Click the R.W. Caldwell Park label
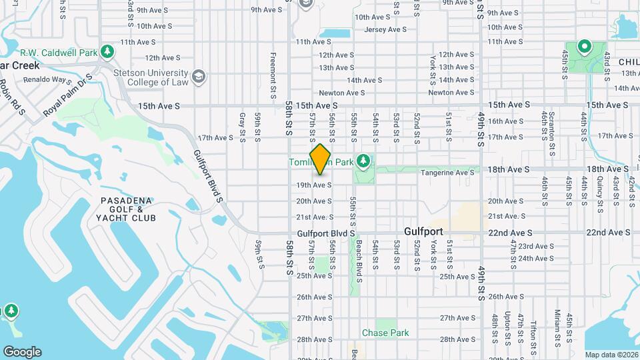click(x=59, y=52)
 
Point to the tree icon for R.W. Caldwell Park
click(x=107, y=51)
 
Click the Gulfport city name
click(x=427, y=232)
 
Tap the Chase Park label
click(x=385, y=333)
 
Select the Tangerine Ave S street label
click(x=447, y=172)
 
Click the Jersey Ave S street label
click(x=385, y=29)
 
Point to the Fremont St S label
click(x=273, y=76)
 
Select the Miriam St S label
click(x=556, y=328)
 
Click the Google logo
click(x=22, y=351)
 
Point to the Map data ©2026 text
click(x=611, y=355)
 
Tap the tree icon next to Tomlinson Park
click(x=363, y=161)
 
